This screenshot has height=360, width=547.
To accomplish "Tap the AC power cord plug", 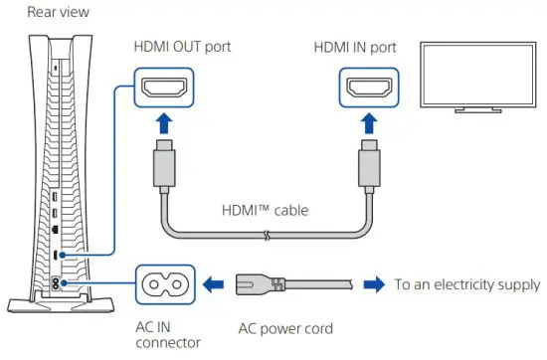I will coord(261,284).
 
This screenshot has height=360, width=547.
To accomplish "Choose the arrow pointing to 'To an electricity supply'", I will coord(373,284).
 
